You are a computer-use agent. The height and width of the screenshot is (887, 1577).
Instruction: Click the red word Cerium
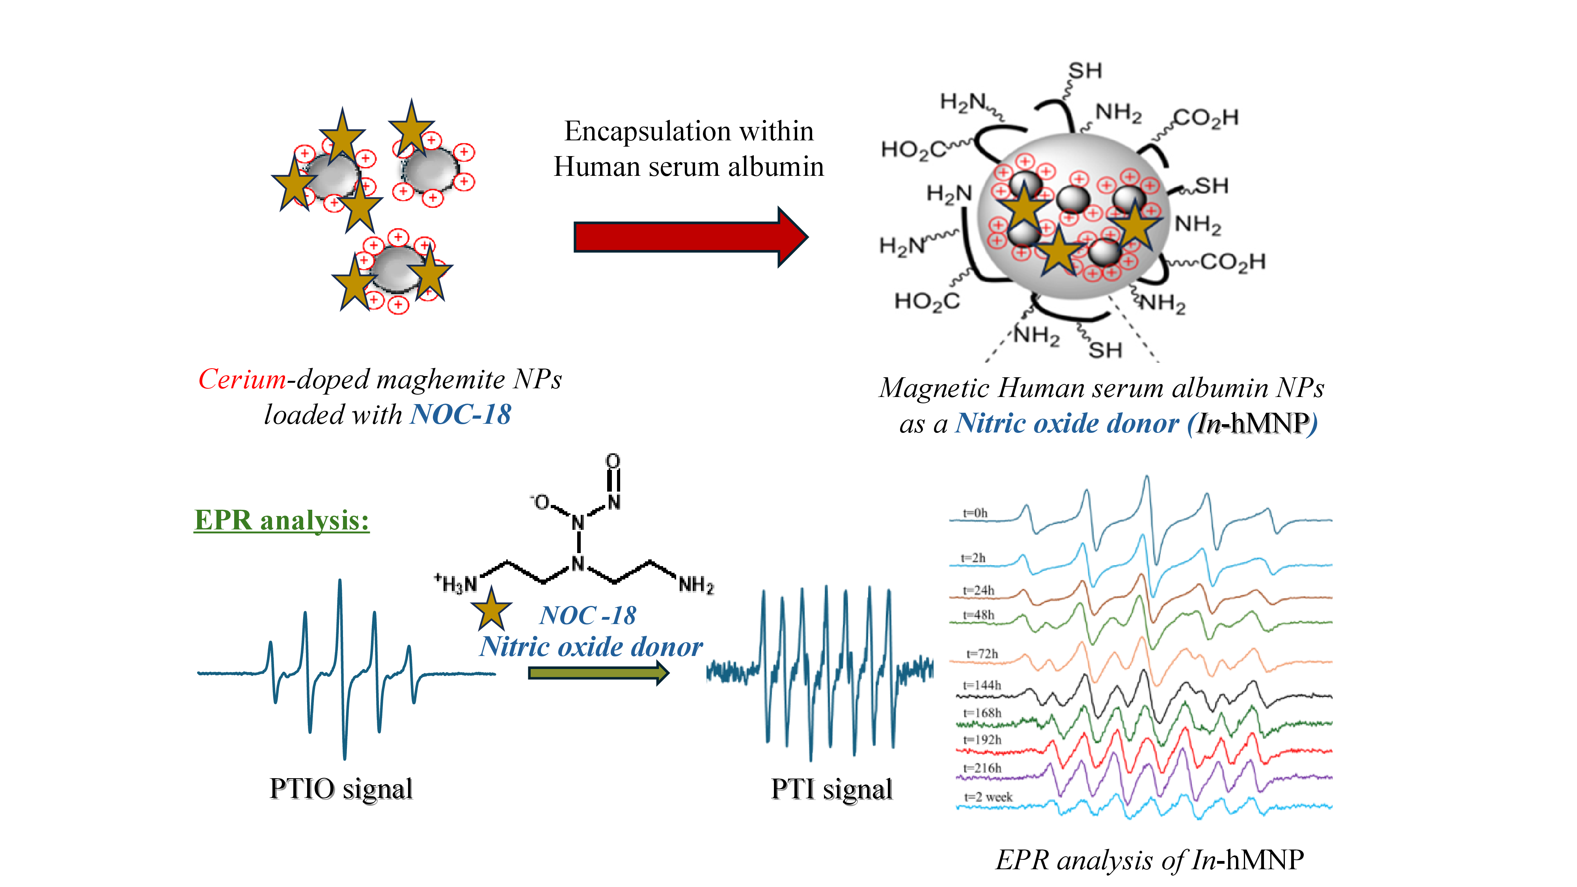(242, 380)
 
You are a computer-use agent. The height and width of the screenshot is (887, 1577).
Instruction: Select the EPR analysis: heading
(281, 520)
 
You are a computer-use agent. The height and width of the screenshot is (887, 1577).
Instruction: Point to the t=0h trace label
(975, 513)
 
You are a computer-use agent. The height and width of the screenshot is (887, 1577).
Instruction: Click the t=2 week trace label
(988, 797)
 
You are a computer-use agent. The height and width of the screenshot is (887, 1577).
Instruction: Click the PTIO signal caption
(341, 788)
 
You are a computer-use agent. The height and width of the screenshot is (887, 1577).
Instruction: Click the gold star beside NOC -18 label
(491, 610)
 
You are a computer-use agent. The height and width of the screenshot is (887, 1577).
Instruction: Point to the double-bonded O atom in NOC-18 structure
(613, 460)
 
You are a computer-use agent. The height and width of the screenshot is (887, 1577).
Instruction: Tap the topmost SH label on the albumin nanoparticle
(1085, 71)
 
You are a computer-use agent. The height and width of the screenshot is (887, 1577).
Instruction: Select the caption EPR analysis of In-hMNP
(1149, 860)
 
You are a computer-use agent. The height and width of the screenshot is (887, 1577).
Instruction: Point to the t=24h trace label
(978, 590)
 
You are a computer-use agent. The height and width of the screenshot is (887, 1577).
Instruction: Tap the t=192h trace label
(982, 740)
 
